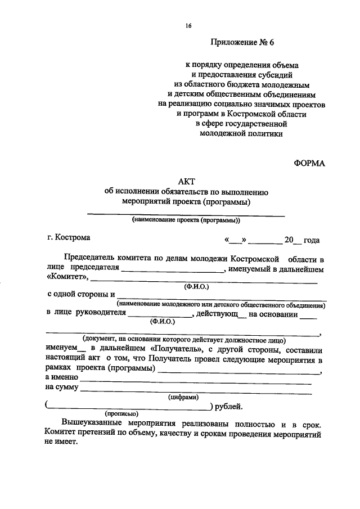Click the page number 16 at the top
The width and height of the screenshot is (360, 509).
coord(188,25)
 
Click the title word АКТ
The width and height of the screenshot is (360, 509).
coord(186,181)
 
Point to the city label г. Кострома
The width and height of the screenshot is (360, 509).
coord(69,238)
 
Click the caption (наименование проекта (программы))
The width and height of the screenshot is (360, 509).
coord(186,220)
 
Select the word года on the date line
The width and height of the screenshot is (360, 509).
coord(311,240)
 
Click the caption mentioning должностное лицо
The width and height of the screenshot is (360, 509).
coord(183,339)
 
